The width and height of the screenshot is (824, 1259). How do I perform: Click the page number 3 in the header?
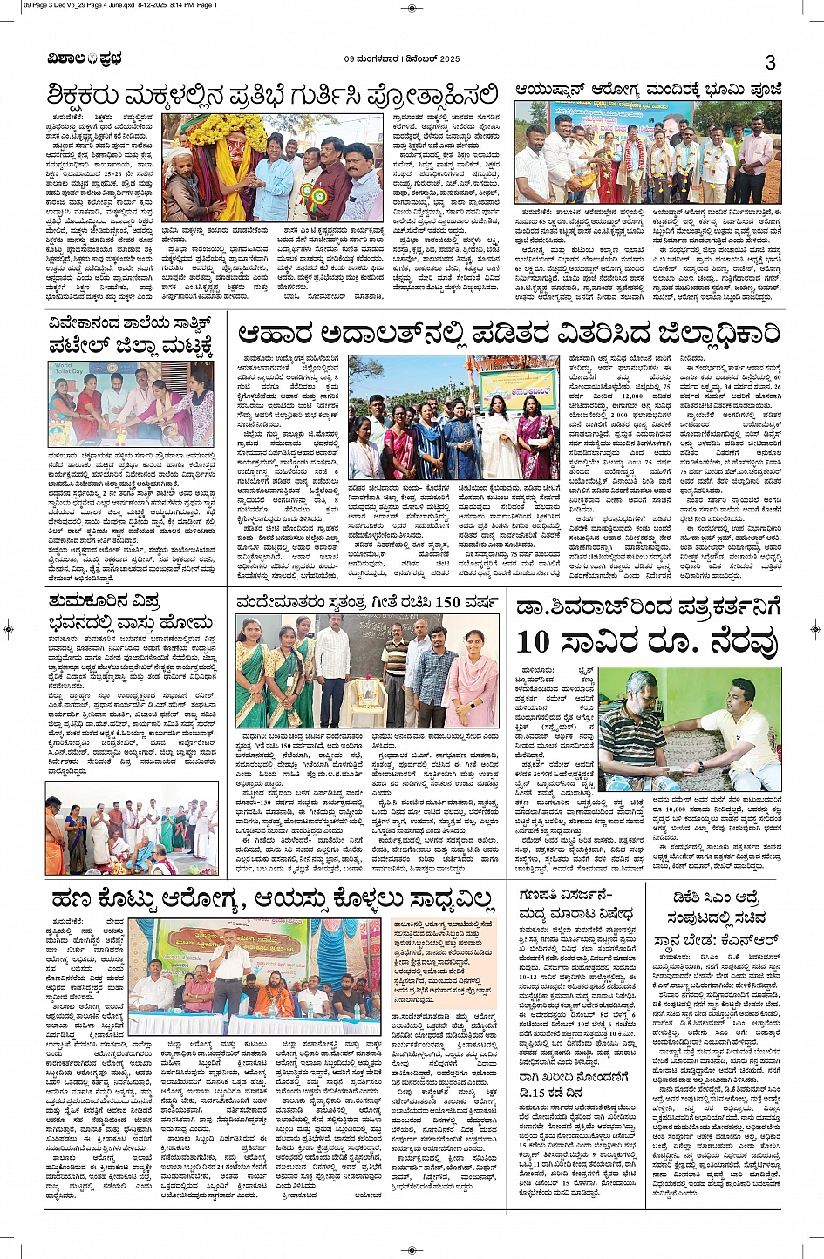[770, 62]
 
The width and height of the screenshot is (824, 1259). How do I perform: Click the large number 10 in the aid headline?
[533, 642]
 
